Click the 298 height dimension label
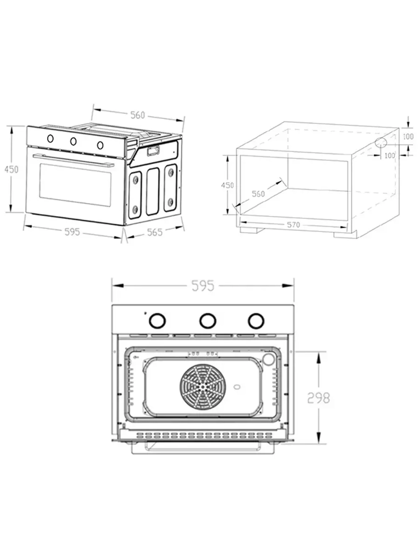tap(318, 398)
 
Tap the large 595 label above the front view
tap(203, 286)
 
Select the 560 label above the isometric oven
tap(137, 115)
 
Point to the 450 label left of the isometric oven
tap(11, 170)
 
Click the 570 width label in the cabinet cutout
tap(293, 225)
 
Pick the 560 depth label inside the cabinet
tap(258, 194)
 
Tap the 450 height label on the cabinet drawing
tap(228, 185)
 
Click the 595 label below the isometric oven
tap(72, 231)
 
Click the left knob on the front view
tap(157, 321)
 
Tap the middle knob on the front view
tap(207, 321)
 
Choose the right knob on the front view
tap(255, 321)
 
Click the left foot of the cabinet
tap(251, 230)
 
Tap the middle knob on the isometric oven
tap(73, 141)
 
